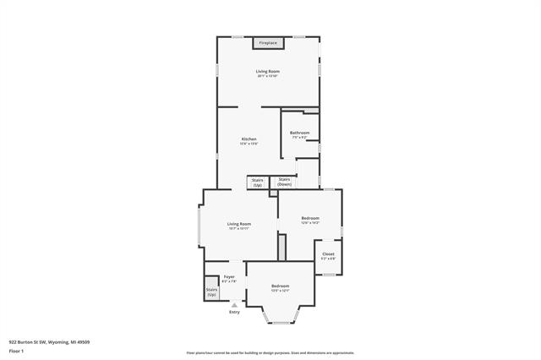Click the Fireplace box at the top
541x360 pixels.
pos(268,42)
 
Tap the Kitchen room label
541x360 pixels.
pos(249,139)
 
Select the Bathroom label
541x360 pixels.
pos(299,133)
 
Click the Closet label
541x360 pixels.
pos(328,254)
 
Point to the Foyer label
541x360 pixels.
pos(228,277)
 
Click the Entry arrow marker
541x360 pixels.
pos(234,304)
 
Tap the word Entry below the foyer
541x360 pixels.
pos(234,313)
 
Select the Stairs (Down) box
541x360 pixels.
pos(284,182)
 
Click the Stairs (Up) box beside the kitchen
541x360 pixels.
pos(257,182)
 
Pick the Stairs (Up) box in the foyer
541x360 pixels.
pos(211,292)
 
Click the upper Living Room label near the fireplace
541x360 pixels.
pos(267,71)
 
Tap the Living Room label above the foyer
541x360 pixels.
pos(238,224)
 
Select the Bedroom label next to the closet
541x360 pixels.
pos(310,218)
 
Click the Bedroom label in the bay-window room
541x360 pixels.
pos(280,286)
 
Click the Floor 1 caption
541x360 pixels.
pos(16,351)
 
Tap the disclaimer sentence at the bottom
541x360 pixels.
pos(270,352)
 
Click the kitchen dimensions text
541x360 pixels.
pos(249,144)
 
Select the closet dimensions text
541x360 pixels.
pos(328,259)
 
